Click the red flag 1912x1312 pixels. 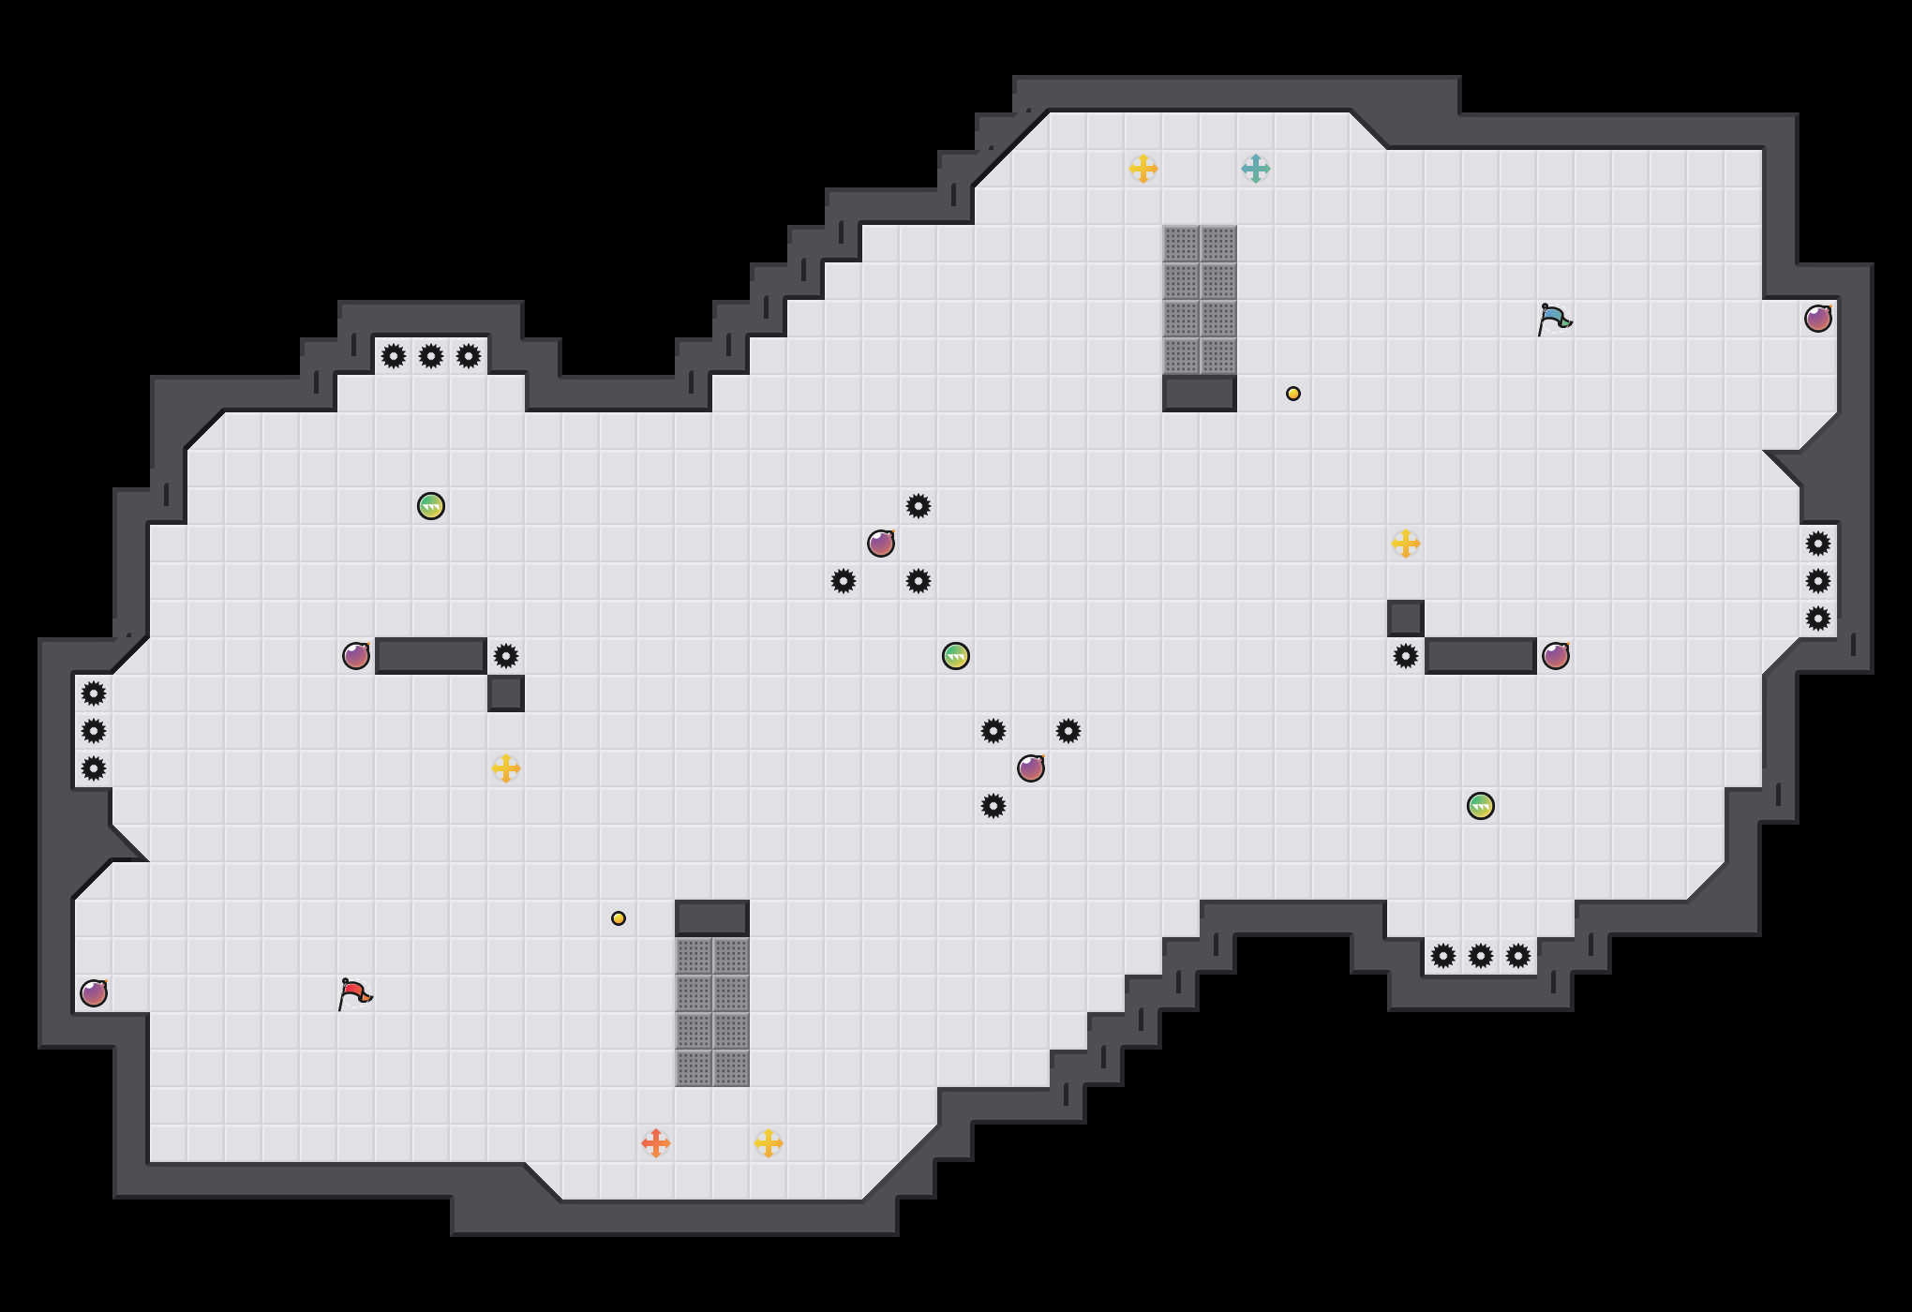tap(354, 993)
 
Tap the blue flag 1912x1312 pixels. tap(1554, 319)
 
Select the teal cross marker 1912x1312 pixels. tap(1256, 169)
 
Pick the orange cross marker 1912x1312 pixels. tap(656, 1143)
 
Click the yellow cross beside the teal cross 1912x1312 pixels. tap(1143, 169)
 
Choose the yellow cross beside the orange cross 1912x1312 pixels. tap(769, 1143)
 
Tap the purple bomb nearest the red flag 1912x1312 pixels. tap(94, 993)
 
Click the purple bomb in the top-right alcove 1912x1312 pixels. tap(1818, 319)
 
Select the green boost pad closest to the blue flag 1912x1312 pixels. tap(1481, 806)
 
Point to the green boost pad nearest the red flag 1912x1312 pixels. tap(431, 506)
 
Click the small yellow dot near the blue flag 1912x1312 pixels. tap(1293, 394)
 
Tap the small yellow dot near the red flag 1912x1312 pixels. tap(619, 918)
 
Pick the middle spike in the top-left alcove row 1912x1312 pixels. tap(431, 356)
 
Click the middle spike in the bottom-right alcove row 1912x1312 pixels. tap(1481, 956)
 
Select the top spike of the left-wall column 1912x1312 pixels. tap(94, 693)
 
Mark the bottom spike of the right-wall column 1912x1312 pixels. tap(1818, 619)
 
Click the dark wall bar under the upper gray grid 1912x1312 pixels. tap(1200, 394)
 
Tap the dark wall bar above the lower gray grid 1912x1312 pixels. tap(712, 918)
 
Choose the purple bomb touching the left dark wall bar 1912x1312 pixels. tap(356, 656)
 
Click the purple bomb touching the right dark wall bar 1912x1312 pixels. tap(1556, 656)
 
